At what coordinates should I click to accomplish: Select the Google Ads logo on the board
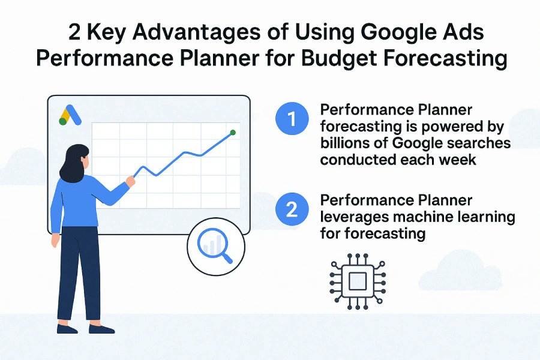tap(70, 115)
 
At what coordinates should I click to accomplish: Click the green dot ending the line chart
tap(233, 132)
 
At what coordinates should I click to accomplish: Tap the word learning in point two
tap(485, 217)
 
